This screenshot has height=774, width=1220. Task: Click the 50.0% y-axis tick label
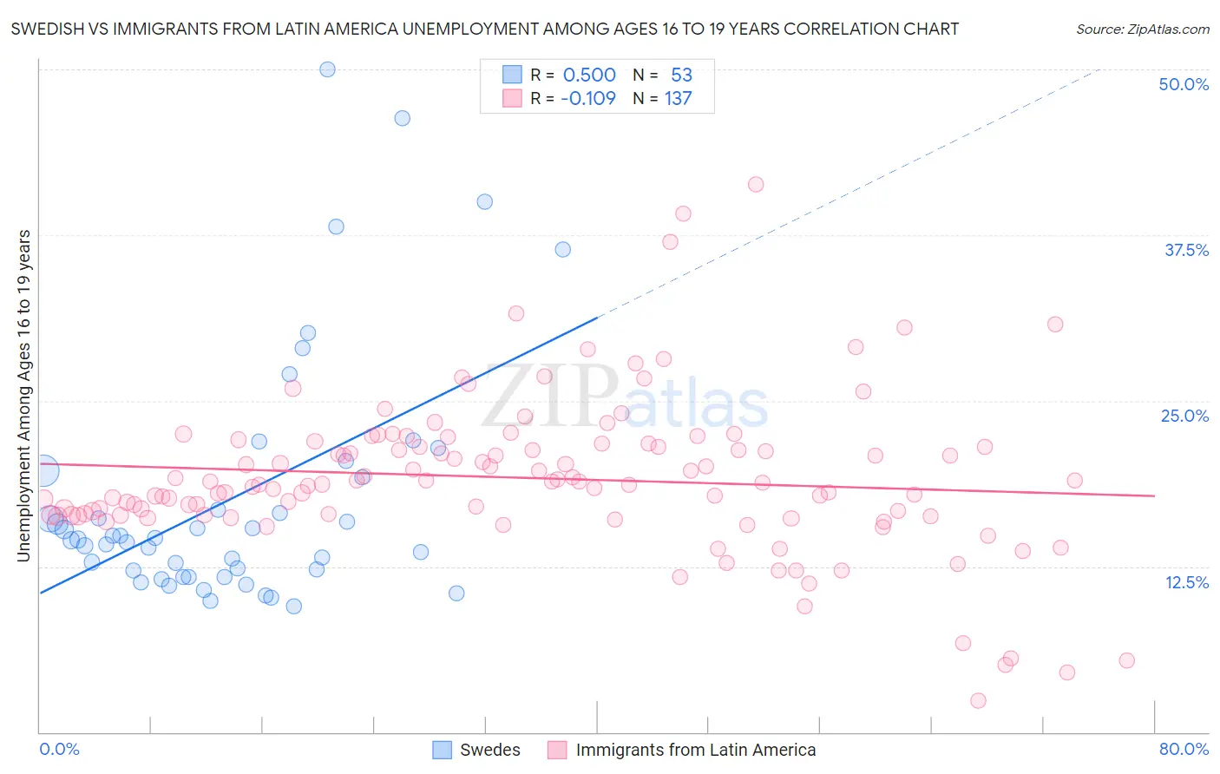1184,84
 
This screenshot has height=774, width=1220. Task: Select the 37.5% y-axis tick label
1186,250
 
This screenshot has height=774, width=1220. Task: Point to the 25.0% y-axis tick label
1184,416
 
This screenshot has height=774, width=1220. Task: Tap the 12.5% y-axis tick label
1186,582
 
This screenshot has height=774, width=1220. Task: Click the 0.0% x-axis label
59,749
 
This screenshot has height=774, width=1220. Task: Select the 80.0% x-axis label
1184,749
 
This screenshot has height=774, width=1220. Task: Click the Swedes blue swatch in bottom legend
442,750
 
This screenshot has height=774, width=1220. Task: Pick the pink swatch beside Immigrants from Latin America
557,750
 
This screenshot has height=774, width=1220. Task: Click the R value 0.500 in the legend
589,75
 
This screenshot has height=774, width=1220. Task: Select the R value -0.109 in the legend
587,98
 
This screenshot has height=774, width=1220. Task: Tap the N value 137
678,98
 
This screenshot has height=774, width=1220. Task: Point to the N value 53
681,75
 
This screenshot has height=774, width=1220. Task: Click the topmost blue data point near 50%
327,69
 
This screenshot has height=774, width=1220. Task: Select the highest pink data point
756,184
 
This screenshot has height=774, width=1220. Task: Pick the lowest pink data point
978,700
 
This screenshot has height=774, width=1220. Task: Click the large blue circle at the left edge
43,470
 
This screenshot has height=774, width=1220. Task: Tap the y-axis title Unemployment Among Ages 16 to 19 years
24,396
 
